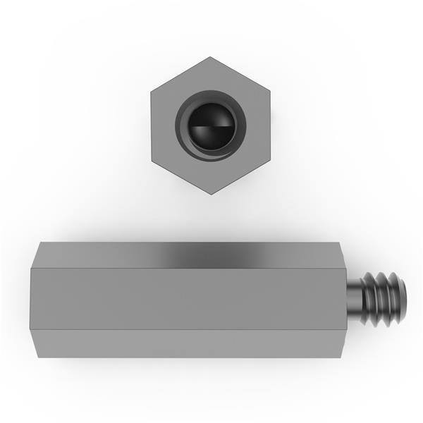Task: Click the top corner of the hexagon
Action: [211, 57]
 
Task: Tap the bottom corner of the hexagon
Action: [211, 195]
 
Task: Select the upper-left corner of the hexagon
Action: [151, 92]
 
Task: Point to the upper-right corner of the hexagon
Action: [271, 92]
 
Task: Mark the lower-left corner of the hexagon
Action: [151, 161]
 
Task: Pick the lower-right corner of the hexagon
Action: [271, 161]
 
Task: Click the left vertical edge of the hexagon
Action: [151, 126]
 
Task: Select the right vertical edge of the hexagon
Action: [271, 126]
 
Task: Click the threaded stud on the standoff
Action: [384, 299]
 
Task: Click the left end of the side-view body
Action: [31, 299]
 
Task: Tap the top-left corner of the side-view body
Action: [39, 244]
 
